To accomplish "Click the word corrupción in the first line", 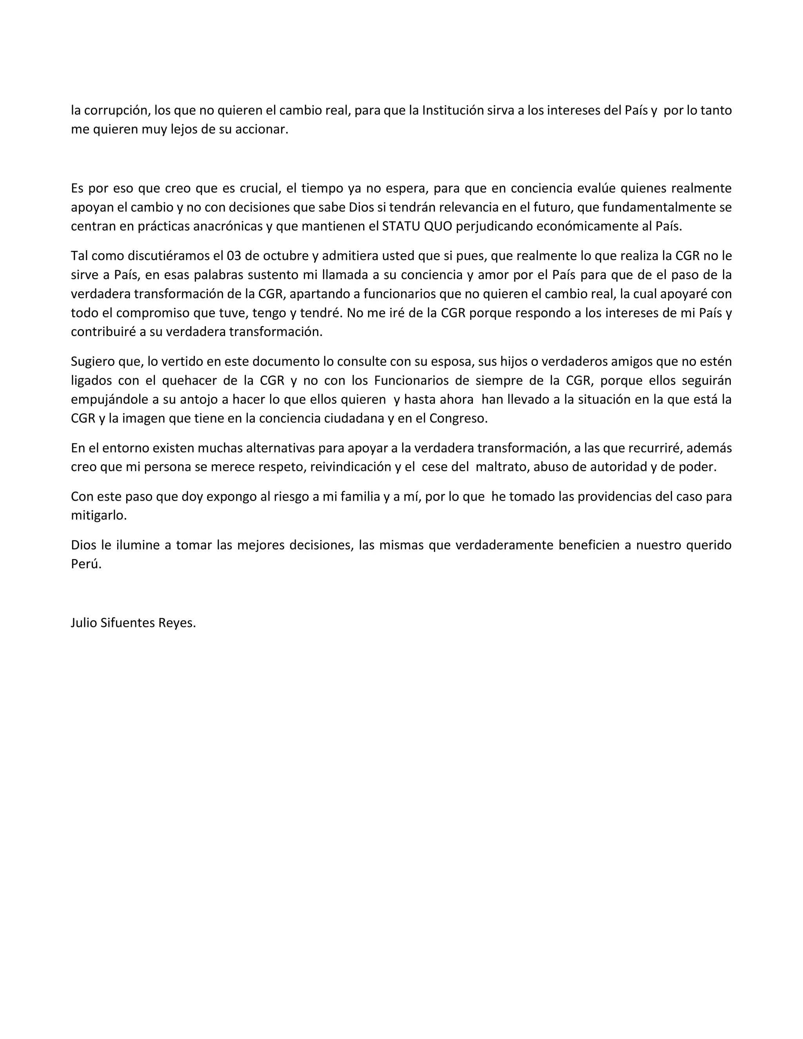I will point(116,111).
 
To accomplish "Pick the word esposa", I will point(452,361).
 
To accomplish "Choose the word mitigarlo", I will point(98,516).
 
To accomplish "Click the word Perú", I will point(86,564).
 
